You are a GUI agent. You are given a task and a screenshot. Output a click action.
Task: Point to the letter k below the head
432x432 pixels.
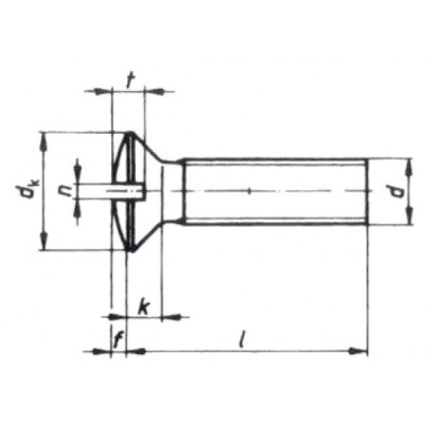[142, 306]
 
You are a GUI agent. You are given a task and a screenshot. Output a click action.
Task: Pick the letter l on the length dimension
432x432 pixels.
[243, 339]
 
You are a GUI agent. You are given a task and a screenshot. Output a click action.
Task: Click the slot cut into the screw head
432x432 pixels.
[128, 192]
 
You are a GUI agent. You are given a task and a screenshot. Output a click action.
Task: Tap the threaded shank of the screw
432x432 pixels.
[275, 192]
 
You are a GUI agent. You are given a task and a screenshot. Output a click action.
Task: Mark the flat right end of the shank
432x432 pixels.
[366, 192]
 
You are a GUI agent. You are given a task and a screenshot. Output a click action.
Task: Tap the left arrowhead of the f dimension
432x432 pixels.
[105, 351]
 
